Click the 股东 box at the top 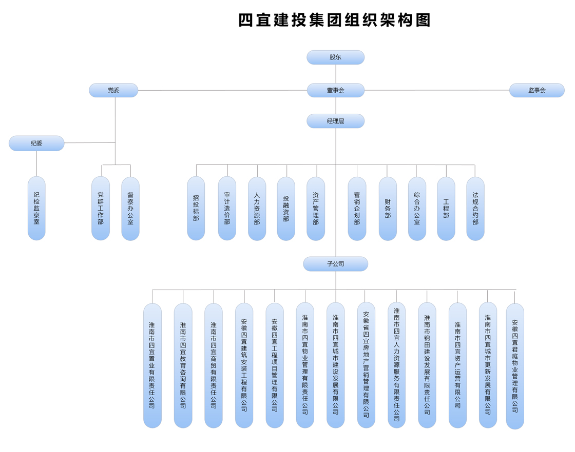point(335,57)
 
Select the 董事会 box point(335,90)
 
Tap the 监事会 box point(536,90)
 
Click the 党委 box point(113,90)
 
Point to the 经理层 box point(335,121)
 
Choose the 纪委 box point(36,143)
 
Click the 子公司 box point(335,264)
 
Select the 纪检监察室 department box point(36,208)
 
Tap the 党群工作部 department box point(101,208)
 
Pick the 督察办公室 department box point(130,209)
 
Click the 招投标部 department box point(196,208)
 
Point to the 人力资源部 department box point(257,209)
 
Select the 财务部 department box point(388,209)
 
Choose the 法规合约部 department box point(475,209)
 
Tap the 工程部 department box point(446,209)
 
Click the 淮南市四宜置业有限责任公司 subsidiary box point(152,365)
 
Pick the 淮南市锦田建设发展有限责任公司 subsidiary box point(427,365)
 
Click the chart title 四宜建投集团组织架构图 point(335,20)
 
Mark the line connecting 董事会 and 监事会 point(436,90)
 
